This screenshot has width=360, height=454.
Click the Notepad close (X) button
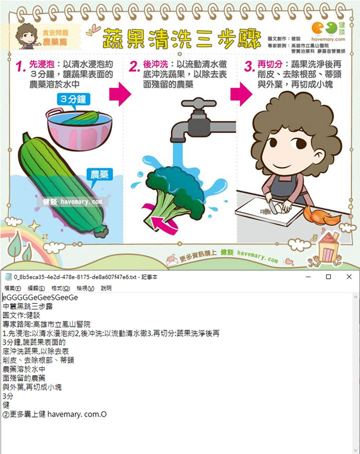point(349,277)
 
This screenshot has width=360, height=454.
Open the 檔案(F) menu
point(12,288)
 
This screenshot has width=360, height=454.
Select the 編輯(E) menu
point(36,288)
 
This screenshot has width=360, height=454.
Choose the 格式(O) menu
point(61,288)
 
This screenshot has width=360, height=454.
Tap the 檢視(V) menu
point(85,288)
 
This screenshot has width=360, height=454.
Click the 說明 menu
point(106,288)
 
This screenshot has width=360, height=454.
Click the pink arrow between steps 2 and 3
point(240,93)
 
